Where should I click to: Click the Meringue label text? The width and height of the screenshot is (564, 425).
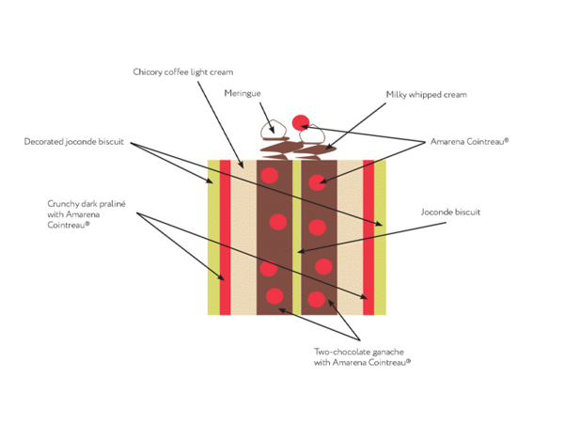coord(242,93)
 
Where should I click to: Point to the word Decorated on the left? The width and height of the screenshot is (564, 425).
coord(44,143)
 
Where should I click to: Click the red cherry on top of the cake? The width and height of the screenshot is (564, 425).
coord(301,121)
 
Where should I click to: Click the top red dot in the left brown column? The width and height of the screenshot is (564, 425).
coord(270,176)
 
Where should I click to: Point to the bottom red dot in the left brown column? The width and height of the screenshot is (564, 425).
coord(274,297)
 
